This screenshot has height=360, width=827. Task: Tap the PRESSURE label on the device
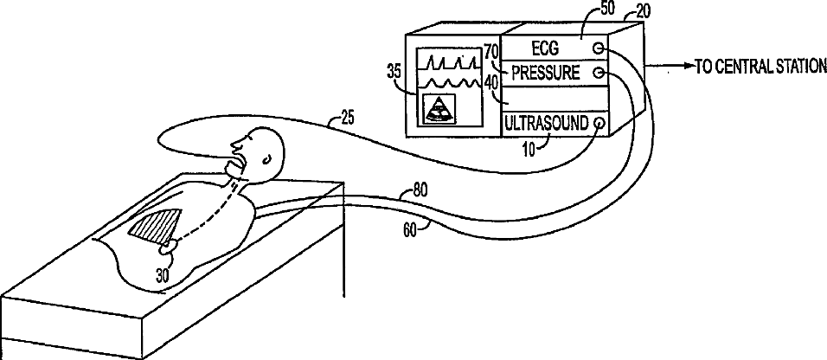(546, 73)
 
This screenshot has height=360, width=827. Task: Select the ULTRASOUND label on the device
(546, 122)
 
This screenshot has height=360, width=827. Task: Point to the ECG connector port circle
(598, 49)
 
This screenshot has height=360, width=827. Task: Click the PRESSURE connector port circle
(598, 74)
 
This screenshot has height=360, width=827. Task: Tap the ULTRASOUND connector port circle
(599, 122)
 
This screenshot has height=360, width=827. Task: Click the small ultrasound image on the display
(442, 109)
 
